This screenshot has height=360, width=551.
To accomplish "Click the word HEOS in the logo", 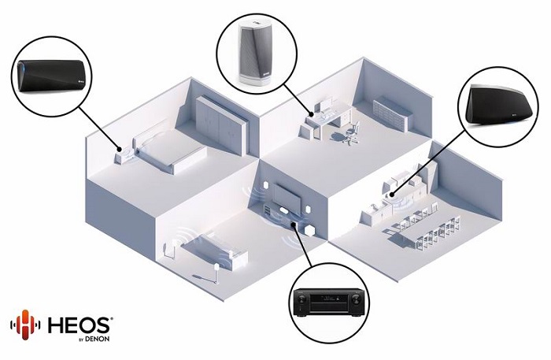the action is (x=80, y=325).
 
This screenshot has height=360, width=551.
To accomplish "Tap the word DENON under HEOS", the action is (x=98, y=339).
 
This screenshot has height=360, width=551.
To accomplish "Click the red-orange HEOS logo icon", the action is (x=25, y=325).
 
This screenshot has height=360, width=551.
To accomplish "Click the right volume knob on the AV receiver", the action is (x=354, y=299).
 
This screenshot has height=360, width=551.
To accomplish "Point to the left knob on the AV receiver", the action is (x=302, y=299).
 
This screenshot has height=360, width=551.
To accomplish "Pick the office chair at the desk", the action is (x=353, y=132).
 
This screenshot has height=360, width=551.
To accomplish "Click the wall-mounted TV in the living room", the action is (x=288, y=196).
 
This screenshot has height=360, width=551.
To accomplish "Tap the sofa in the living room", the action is (x=214, y=250).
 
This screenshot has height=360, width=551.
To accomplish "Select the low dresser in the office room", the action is (x=392, y=113).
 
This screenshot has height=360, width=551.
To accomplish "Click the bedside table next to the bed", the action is (x=123, y=157).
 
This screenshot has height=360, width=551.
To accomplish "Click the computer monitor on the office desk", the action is (x=325, y=105).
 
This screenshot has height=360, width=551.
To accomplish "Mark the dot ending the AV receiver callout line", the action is (x=293, y=225).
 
